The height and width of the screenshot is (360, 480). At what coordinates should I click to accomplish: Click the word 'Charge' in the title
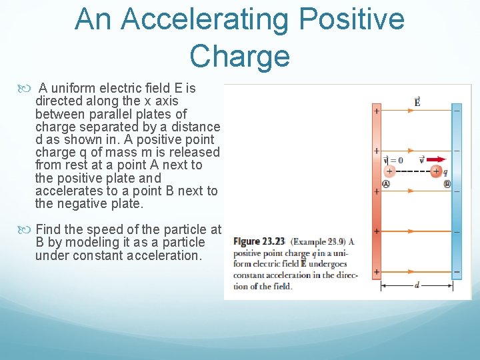239,56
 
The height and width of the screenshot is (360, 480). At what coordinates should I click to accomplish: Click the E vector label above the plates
417,102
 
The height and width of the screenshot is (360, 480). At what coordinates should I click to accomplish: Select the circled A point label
386,184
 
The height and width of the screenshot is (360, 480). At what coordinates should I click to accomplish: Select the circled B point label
447,184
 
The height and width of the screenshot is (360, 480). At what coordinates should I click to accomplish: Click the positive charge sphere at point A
389,171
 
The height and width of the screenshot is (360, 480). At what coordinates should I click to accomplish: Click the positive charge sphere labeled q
436,171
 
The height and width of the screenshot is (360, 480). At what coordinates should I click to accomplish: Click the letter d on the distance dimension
417,285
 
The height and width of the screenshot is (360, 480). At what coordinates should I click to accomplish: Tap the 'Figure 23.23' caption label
259,241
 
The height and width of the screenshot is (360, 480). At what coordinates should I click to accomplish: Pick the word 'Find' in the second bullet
49,230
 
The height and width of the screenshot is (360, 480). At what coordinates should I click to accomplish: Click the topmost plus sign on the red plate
376,111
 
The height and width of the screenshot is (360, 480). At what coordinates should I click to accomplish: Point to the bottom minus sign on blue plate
457,272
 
